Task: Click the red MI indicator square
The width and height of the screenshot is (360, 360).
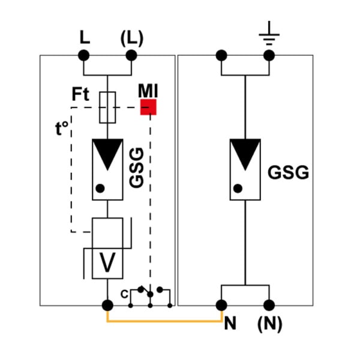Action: click(148, 107)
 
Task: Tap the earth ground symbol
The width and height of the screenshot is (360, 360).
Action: click(269, 34)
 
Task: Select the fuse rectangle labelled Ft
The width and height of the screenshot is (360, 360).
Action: click(107, 107)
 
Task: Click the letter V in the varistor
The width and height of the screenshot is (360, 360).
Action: click(107, 262)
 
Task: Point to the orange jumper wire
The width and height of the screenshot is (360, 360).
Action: click(164, 321)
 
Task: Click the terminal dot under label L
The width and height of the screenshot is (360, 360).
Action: click(84, 55)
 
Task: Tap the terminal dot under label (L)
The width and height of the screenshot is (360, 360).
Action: click(131, 55)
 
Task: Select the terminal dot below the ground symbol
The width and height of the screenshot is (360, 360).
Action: click(269, 55)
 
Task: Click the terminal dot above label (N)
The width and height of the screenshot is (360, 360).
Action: click(269, 305)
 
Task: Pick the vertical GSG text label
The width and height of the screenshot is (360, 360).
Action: click(137, 167)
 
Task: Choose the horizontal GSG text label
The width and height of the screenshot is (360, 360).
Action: click(289, 173)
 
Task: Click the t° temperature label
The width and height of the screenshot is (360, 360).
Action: click(62, 128)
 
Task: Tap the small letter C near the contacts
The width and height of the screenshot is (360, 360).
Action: click(124, 294)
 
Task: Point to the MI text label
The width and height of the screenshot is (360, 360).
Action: click(148, 91)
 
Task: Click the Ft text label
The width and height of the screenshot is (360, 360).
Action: click(80, 94)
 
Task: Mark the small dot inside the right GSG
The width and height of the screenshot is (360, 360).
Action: click(238, 188)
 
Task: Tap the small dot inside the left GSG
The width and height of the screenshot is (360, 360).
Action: click(100, 188)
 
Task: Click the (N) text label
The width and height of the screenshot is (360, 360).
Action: click(270, 324)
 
